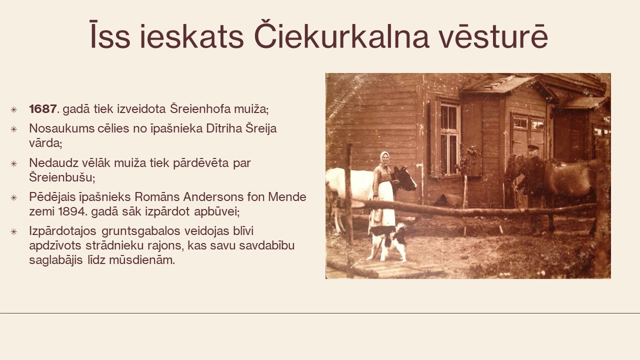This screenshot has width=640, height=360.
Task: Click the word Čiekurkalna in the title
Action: click(x=341, y=35)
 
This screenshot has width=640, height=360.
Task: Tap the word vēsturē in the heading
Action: click(x=493, y=35)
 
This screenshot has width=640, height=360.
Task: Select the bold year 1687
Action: click(x=43, y=109)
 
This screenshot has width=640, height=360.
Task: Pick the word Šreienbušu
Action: click(x=61, y=177)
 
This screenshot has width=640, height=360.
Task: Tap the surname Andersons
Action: click(x=213, y=197)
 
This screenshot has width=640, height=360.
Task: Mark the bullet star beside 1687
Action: click(x=13, y=109)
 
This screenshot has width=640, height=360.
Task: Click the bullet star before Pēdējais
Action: click(x=13, y=197)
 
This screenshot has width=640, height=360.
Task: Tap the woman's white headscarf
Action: click(x=384, y=158)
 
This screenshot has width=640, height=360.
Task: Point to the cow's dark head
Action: click(x=404, y=178)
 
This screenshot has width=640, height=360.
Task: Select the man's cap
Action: click(x=533, y=147)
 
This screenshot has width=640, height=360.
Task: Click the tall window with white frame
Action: click(x=449, y=139)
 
